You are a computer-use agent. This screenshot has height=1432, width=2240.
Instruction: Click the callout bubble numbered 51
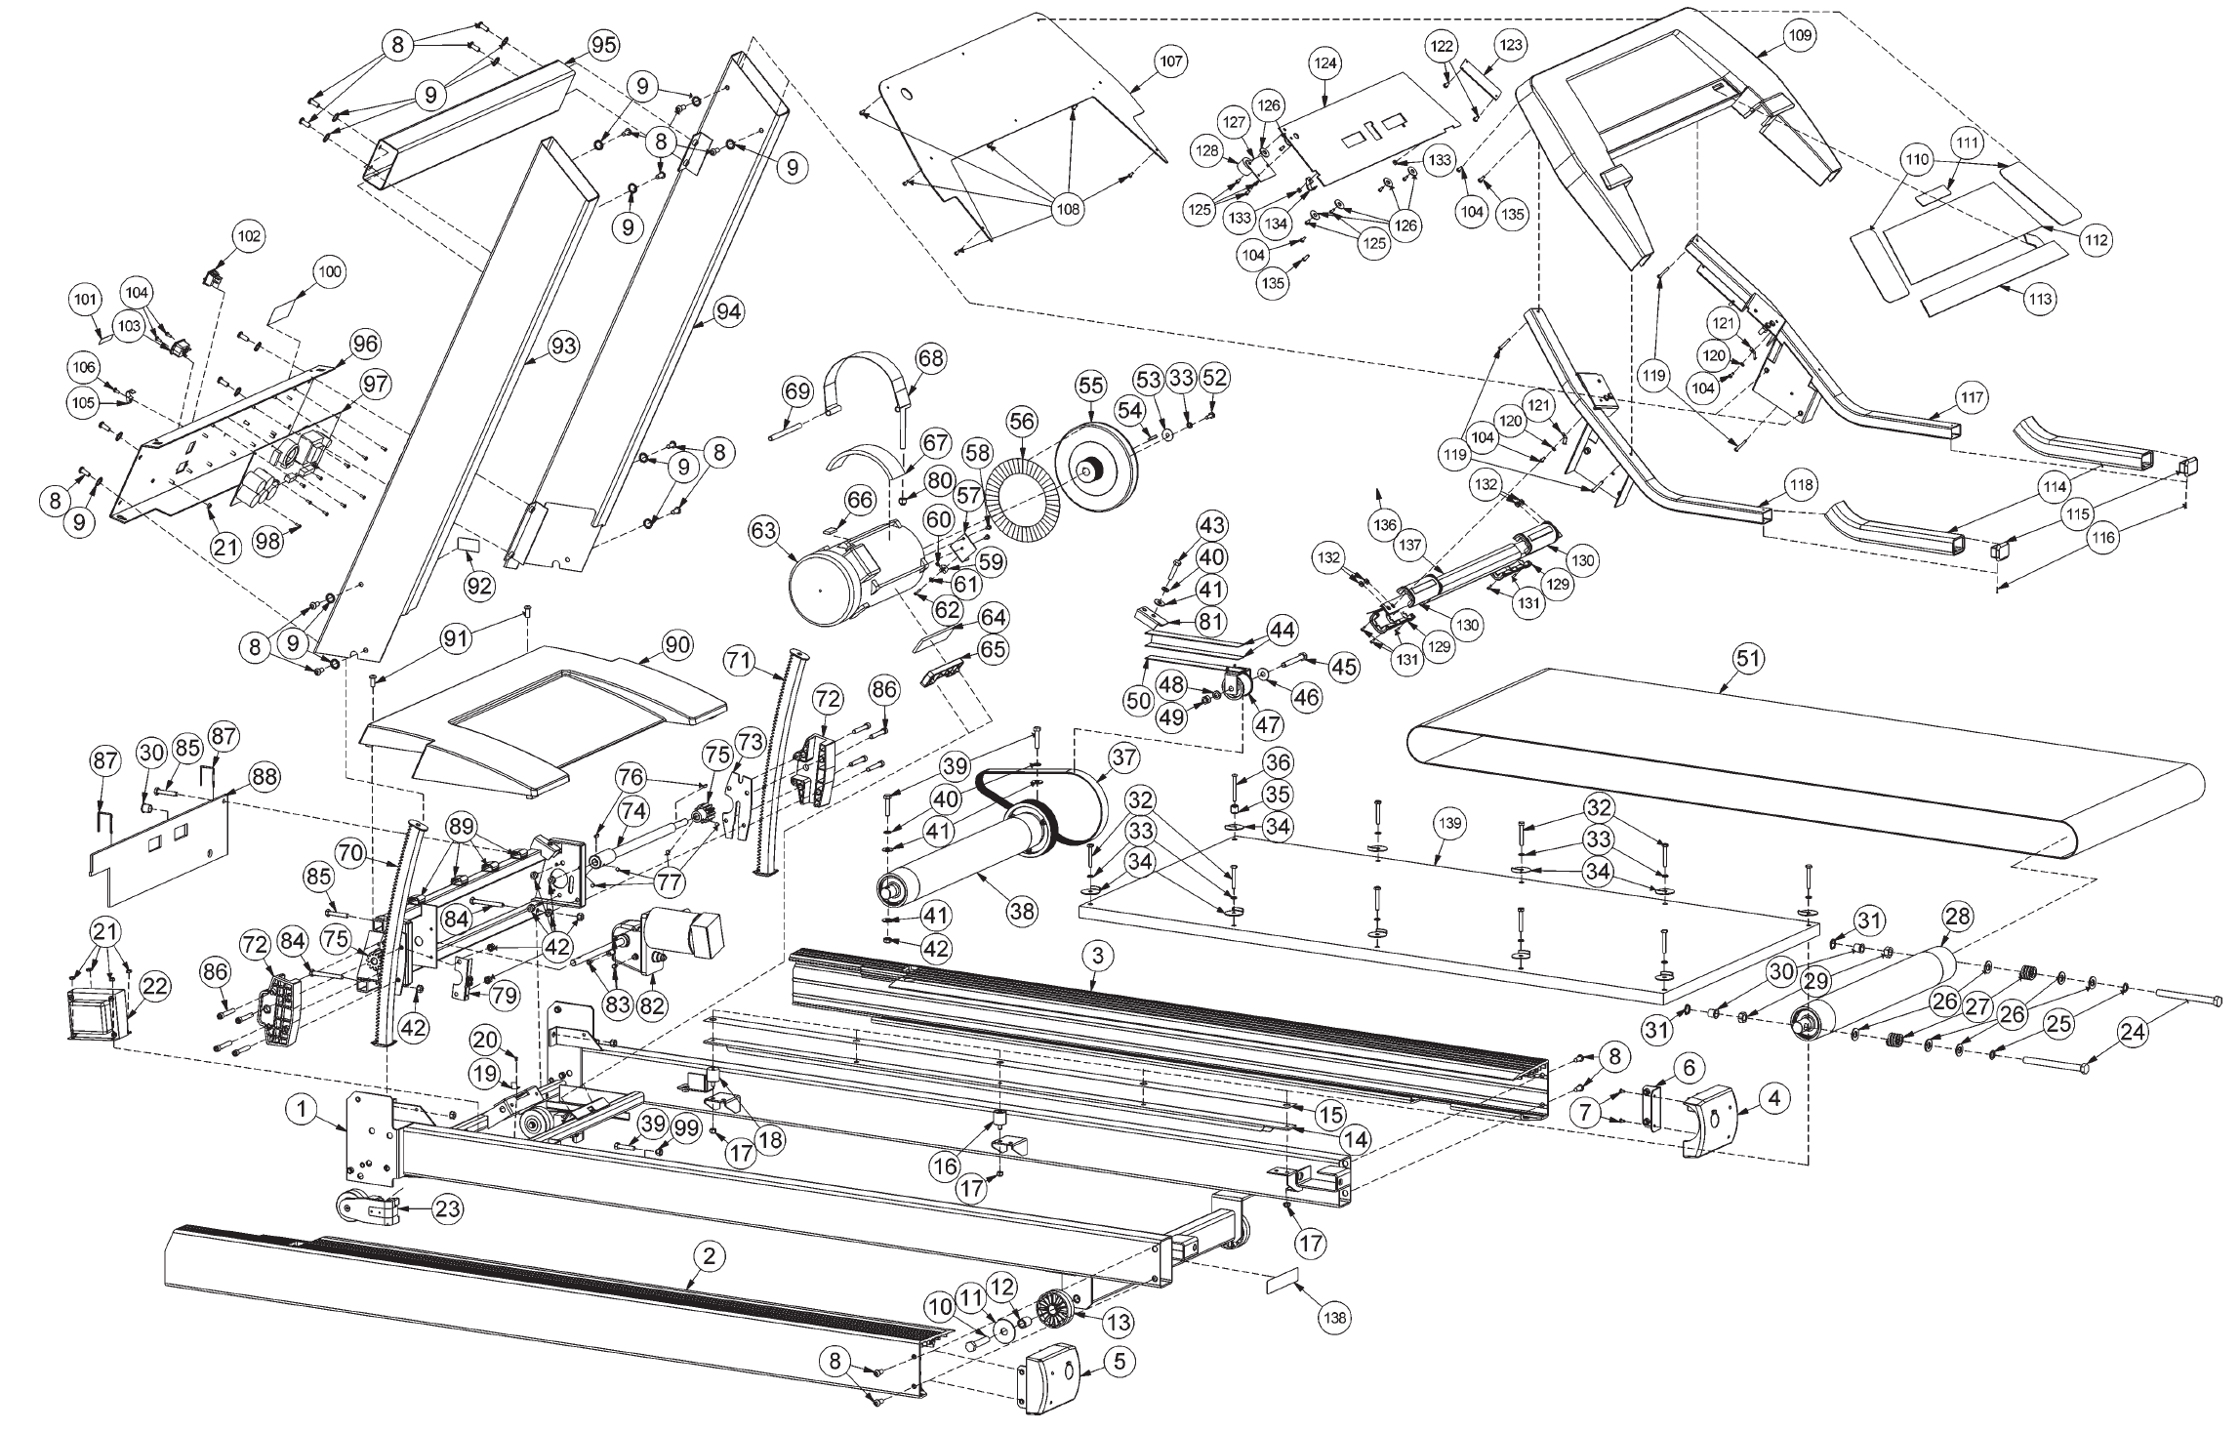point(1748,658)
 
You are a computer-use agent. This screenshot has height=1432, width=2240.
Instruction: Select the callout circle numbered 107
point(1171,61)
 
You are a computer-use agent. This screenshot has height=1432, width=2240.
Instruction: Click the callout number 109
point(1799,35)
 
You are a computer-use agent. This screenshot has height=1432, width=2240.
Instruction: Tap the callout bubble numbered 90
point(677,645)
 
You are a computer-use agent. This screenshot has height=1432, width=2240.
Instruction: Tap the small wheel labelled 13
point(1056,1306)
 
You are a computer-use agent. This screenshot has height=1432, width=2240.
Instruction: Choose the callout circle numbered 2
point(710,1257)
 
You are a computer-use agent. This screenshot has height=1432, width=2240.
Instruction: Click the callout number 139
point(1450,823)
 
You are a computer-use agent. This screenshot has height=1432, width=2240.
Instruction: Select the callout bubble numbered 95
point(603,44)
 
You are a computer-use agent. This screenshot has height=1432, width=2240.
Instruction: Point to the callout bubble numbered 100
point(330,272)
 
